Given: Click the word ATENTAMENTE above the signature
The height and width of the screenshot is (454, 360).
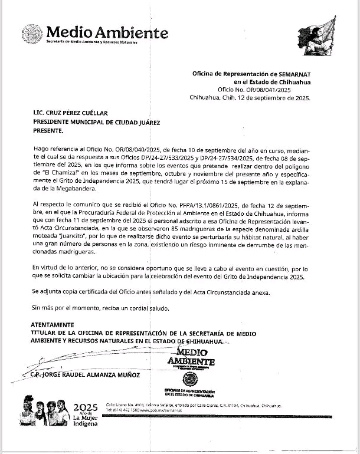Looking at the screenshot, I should coord(53,324).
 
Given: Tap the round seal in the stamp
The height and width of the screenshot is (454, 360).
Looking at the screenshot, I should coord(189,379).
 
